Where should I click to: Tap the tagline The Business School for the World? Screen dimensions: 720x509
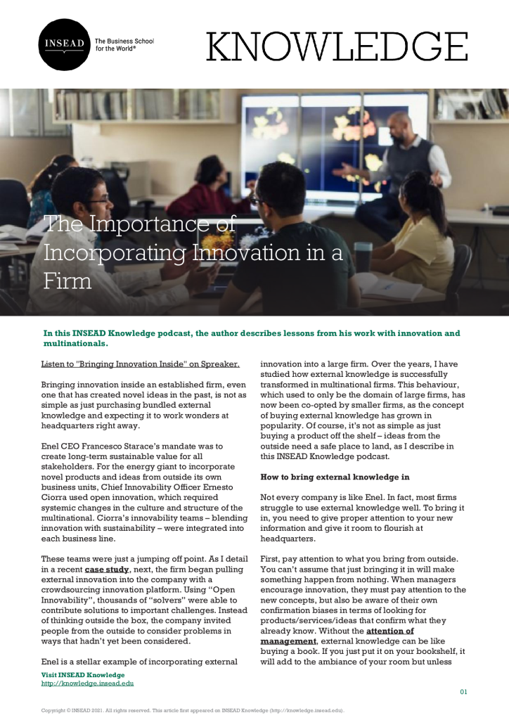pyautogui.click(x=124, y=46)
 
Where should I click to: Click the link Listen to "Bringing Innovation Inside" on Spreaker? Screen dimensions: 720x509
pyautogui.click(x=141, y=364)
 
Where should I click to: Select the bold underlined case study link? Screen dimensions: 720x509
pyautogui.click(x=107, y=568)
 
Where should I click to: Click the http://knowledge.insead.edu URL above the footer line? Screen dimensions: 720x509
pyautogui.click(x=88, y=683)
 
